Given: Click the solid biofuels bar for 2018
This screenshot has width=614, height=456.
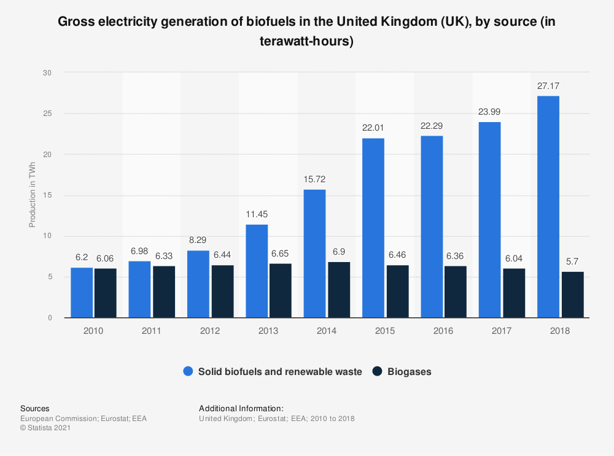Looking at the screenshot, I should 548,207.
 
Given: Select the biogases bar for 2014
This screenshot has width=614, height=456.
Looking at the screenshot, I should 339,290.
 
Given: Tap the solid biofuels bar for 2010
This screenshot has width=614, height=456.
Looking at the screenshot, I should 82,293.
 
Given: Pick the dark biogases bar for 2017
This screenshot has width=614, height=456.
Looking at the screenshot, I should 514,293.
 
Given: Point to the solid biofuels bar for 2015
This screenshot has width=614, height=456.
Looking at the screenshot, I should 373,228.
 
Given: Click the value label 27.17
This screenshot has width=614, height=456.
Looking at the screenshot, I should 548,86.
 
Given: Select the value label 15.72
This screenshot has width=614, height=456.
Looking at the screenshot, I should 315,180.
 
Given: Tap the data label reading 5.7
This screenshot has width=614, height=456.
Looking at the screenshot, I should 572,262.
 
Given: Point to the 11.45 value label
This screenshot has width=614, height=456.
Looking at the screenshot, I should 257,215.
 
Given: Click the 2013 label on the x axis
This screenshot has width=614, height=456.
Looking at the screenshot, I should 268,331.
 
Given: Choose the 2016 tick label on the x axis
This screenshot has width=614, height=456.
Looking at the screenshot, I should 443,331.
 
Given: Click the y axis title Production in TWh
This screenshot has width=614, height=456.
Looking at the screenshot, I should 33,195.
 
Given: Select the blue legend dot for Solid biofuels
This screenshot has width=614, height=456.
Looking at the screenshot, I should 188,371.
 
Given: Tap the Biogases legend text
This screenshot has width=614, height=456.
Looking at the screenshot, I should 409,371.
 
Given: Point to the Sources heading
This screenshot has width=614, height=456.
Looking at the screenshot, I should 35,408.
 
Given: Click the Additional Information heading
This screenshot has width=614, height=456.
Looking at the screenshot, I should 241,408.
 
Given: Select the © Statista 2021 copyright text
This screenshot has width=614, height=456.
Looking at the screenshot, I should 46,428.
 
